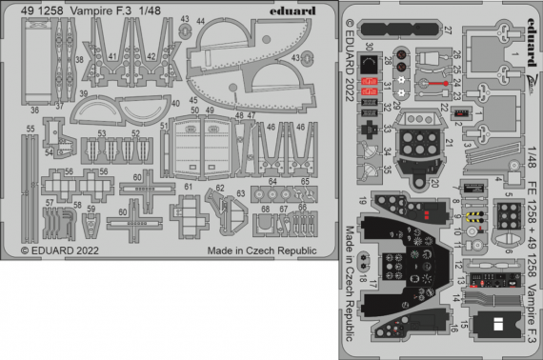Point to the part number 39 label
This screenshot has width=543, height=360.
[x=84, y=93]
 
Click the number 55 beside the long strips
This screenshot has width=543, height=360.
[x=30, y=127]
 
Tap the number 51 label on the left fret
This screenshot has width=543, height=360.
[x=165, y=125]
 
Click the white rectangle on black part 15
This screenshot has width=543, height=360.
[x=493, y=323]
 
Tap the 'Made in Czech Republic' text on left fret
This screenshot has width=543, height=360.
[x=261, y=251]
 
